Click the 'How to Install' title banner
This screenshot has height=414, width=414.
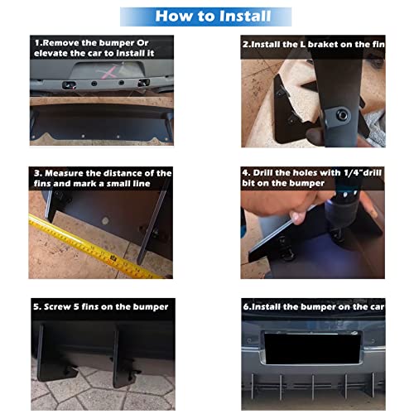(x=205, y=17)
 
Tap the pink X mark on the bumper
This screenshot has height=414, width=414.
(x=107, y=72)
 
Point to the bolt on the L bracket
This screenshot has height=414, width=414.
(x=343, y=114)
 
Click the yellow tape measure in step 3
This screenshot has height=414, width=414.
(x=91, y=247)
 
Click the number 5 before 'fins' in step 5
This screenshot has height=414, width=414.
(x=76, y=306)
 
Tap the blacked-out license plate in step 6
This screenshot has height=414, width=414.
(x=312, y=349)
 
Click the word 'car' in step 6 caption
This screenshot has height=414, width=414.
(x=377, y=307)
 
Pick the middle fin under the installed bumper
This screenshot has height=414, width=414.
(x=313, y=387)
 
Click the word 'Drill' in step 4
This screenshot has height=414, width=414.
(x=263, y=173)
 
